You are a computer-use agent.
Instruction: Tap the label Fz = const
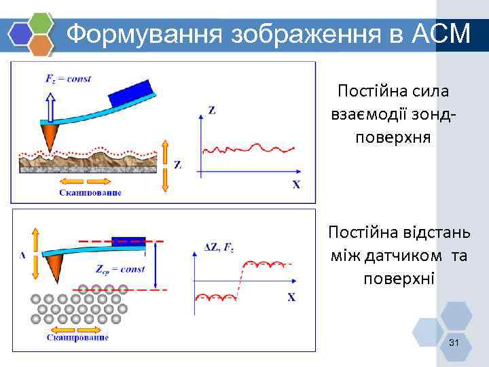point(68,79)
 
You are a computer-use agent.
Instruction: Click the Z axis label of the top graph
point(212,110)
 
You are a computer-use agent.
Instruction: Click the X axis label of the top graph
point(296,185)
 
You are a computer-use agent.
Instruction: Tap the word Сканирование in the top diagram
point(90,192)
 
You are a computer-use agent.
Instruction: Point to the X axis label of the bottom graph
point(291,298)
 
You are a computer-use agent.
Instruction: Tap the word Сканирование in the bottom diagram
point(77,336)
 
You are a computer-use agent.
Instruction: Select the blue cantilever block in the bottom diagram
point(128,241)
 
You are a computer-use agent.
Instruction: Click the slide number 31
point(454,343)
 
